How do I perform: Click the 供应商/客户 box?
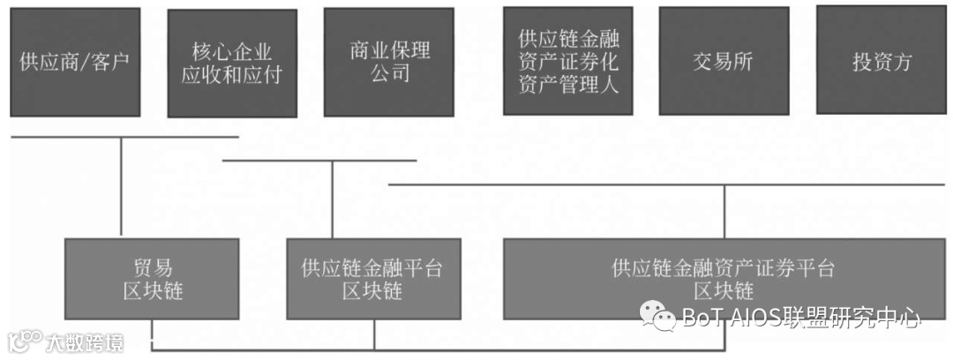75,62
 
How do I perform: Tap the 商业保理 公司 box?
389,62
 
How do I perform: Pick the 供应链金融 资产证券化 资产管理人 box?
568,61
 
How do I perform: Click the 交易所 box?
724,62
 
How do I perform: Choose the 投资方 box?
882,61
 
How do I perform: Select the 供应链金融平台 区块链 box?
372,279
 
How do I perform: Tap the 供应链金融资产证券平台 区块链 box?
723,279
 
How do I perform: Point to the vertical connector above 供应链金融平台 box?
332,199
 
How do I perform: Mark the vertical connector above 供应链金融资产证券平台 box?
724,212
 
